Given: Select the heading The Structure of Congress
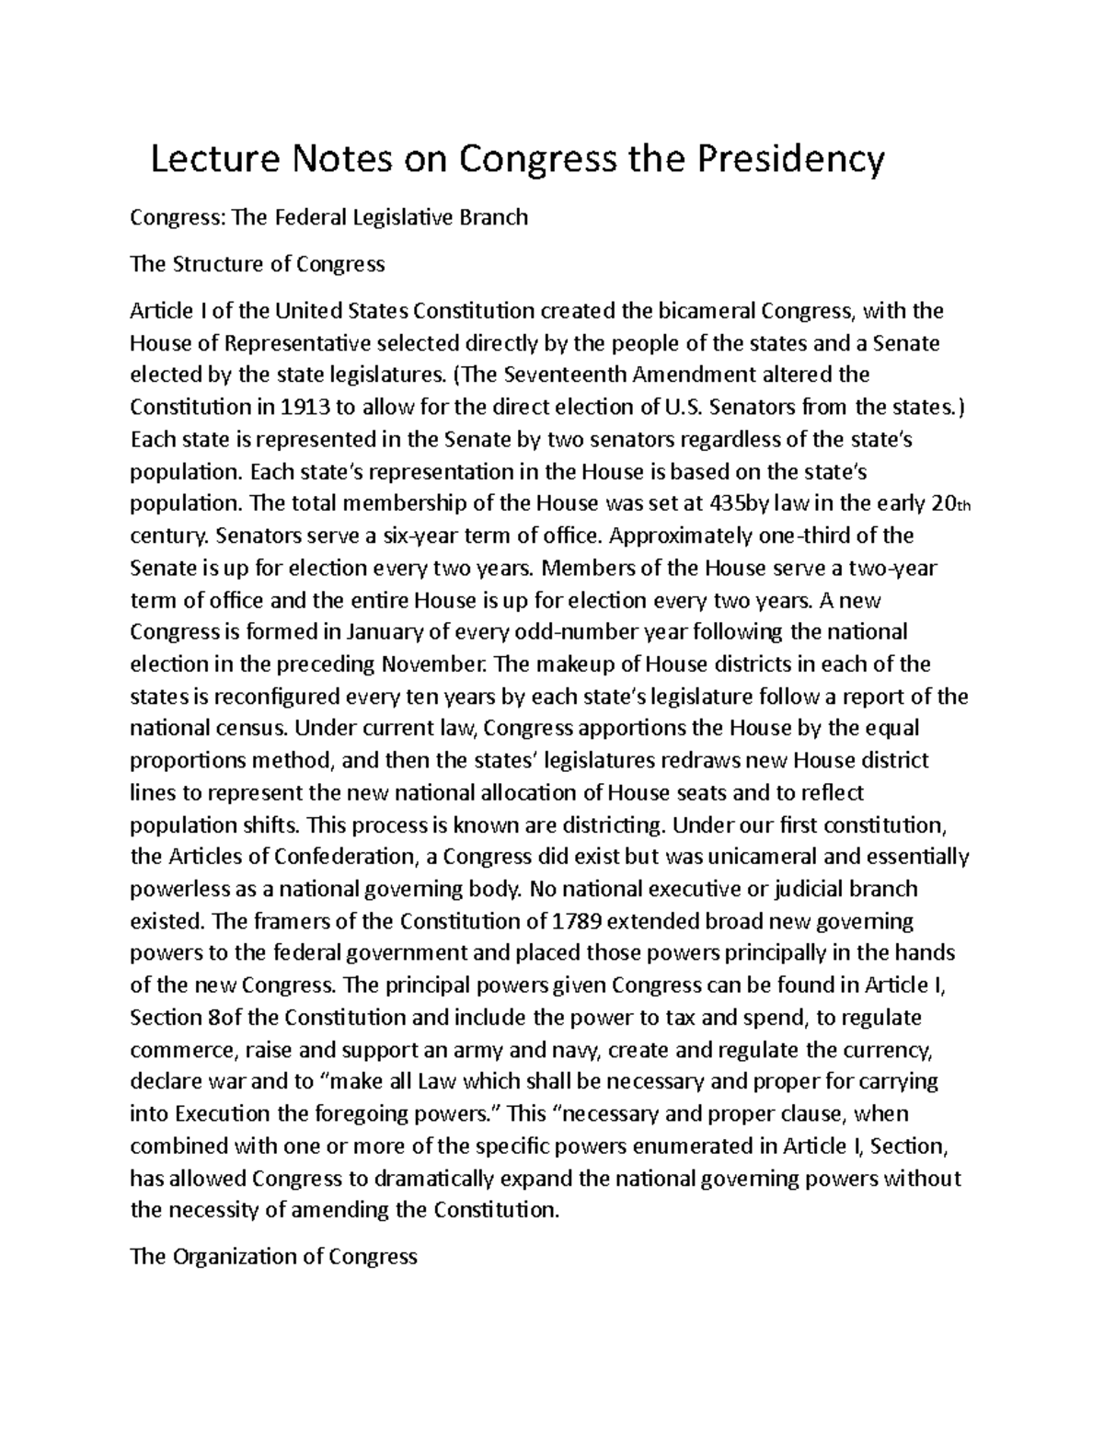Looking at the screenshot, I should tap(258, 265).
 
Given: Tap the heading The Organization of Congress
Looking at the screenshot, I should tap(274, 1256).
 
